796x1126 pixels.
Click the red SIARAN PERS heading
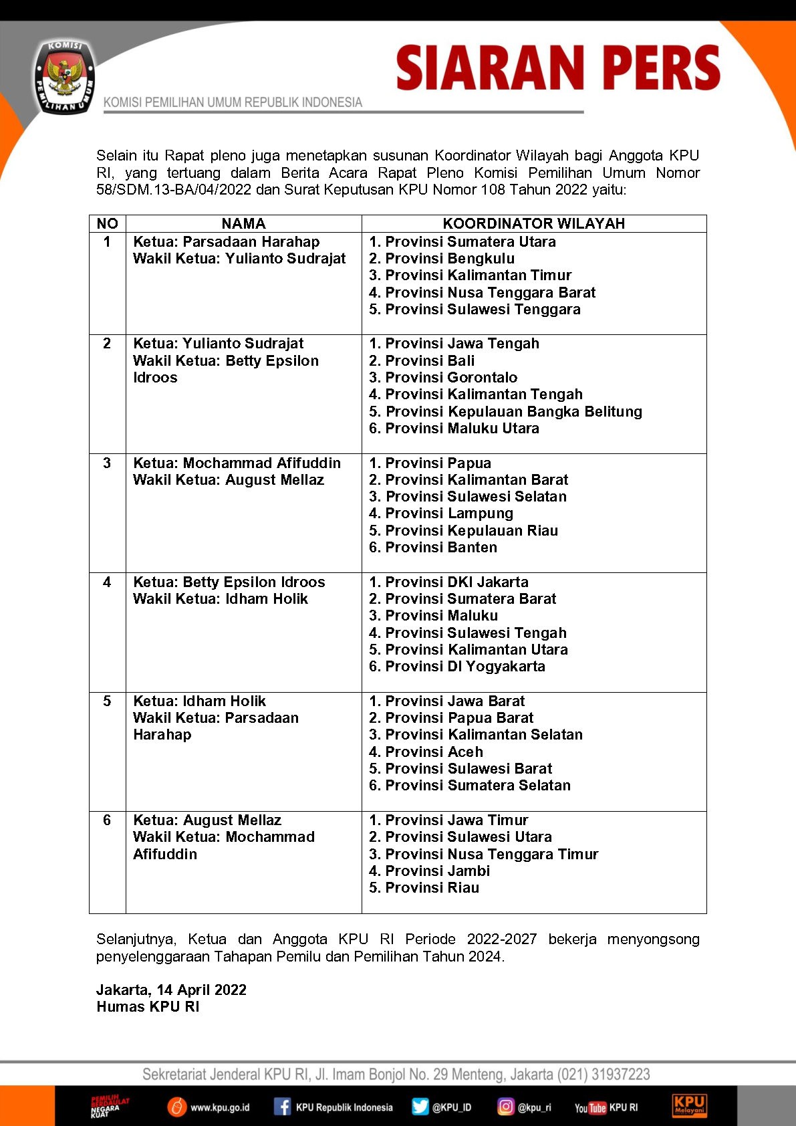558,68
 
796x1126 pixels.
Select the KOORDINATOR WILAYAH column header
533,223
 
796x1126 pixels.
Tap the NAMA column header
243,223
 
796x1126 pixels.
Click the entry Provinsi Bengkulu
442,259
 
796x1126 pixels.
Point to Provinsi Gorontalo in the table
443,377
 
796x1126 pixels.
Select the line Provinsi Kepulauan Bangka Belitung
505,411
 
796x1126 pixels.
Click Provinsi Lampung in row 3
441,514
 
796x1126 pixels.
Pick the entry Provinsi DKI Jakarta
448,582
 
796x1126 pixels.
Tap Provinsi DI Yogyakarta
457,666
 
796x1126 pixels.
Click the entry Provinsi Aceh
426,752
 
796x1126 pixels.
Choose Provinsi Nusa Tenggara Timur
483,854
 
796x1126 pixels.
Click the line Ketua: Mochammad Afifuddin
237,463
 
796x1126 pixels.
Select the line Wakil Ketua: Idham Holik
221,598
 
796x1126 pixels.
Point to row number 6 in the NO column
107,820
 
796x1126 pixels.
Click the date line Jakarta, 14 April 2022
171,990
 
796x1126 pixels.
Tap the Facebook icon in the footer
283,1107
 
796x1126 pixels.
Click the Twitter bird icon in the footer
420,1107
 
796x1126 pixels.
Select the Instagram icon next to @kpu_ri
505,1107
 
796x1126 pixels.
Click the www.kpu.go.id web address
220,1108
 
